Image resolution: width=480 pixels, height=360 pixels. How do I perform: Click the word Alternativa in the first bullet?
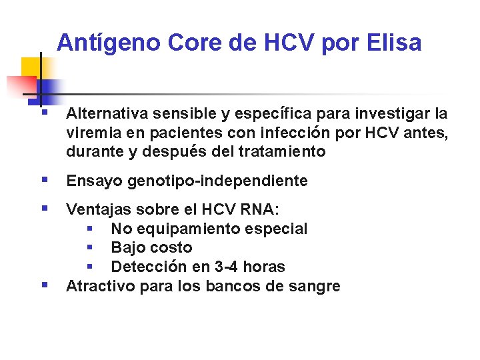click(x=107, y=114)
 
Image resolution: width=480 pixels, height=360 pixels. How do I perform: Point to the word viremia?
click(x=91, y=133)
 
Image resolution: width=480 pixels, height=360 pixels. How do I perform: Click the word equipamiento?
click(x=190, y=229)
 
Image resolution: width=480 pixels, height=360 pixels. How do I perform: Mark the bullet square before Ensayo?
click(x=44, y=179)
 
